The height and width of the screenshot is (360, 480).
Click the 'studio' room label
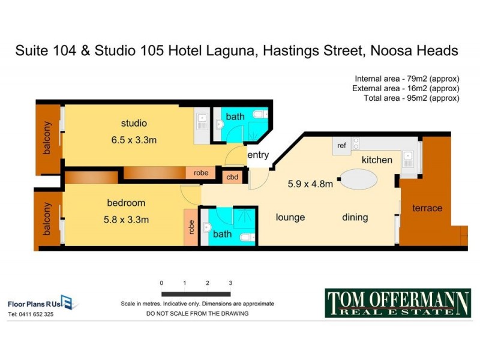click(134, 124)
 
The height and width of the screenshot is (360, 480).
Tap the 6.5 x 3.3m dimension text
click(134, 140)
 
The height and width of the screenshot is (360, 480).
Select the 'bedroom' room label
click(126, 203)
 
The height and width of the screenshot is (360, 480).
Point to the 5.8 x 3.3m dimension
click(126, 220)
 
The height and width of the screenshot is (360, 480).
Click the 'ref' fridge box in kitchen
click(341, 146)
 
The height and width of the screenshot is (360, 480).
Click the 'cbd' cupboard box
click(232, 177)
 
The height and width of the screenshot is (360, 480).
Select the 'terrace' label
click(427, 208)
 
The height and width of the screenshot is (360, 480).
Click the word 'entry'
click(258, 155)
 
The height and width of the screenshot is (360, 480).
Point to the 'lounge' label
click(290, 217)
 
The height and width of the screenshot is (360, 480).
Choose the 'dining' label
click(355, 217)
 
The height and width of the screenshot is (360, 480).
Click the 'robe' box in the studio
click(201, 173)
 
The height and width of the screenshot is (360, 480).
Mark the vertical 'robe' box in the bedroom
click(191, 227)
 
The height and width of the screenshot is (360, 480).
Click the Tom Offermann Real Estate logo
click(398, 303)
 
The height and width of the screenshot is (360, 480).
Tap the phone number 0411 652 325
click(31, 314)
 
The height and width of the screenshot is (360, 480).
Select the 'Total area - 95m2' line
click(412, 98)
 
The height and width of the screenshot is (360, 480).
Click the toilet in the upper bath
click(259, 114)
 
